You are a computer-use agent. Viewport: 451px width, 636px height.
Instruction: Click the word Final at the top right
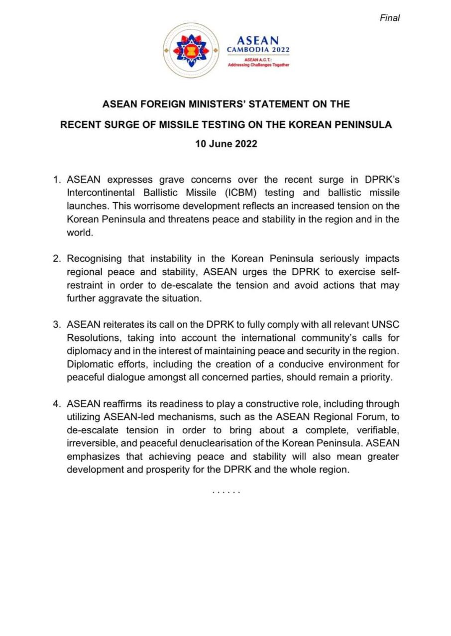[x=390, y=18]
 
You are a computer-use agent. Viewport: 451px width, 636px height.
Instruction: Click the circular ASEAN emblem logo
[x=191, y=50]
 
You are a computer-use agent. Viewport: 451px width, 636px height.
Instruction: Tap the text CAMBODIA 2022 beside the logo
[x=258, y=50]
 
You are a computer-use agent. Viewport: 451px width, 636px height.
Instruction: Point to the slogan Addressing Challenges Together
[x=258, y=65]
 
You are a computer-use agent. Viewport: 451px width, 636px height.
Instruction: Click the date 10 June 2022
[x=226, y=144]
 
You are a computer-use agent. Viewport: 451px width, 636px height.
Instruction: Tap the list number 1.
[x=56, y=179]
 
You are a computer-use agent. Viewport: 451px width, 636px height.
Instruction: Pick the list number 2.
[x=56, y=259]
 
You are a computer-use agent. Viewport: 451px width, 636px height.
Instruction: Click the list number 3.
[x=56, y=325]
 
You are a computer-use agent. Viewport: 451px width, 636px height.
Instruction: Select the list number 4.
[x=56, y=404]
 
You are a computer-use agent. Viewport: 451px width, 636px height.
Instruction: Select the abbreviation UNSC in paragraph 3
[x=385, y=325]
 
